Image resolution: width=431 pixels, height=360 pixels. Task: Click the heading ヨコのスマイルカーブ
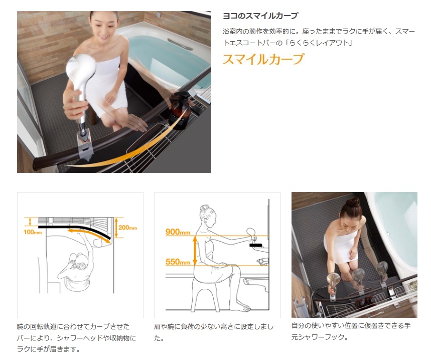(x=260, y=16)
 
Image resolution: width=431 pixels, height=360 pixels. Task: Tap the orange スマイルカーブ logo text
(x=263, y=59)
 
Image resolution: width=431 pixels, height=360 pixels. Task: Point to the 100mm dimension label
(x=33, y=232)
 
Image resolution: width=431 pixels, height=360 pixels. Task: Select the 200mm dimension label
(x=127, y=227)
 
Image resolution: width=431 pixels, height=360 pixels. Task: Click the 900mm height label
(x=178, y=232)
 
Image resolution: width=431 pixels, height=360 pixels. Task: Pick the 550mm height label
(x=178, y=262)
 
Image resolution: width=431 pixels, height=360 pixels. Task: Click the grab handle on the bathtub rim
(x=180, y=44)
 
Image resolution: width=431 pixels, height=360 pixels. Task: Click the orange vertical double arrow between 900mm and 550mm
(x=195, y=250)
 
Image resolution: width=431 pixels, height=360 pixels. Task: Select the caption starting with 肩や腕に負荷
(x=214, y=332)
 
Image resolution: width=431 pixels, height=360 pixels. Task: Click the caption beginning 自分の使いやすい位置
(x=351, y=331)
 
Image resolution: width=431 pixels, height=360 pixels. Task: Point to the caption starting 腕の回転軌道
(x=76, y=338)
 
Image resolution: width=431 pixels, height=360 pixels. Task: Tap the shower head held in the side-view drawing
(x=251, y=233)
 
